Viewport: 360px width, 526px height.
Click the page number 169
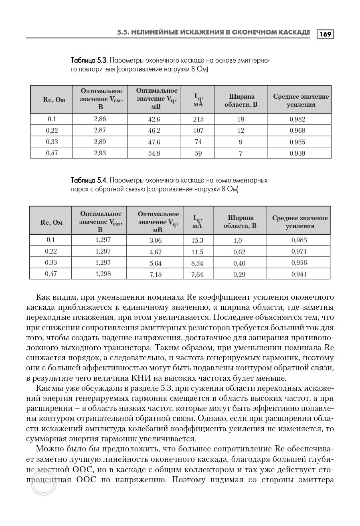[326, 34]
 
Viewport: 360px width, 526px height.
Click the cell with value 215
[198, 119]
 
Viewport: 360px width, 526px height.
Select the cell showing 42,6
[154, 120]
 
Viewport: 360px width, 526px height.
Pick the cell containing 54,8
[154, 153]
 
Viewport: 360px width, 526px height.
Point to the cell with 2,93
[100, 153]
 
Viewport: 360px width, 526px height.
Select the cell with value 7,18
[155, 274]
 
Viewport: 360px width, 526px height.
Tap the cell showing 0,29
[239, 274]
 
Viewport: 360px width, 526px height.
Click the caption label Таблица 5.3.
[89, 61]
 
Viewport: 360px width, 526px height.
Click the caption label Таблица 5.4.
[89, 180]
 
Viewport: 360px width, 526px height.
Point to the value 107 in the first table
[198, 130]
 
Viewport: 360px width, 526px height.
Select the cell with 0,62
[239, 252]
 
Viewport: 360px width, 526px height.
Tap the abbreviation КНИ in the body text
[140, 378]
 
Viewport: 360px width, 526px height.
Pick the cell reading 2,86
[100, 119]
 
